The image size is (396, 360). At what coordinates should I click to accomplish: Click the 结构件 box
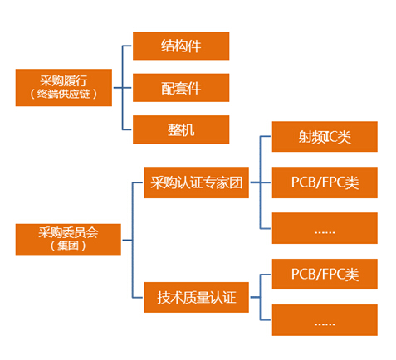(181, 46)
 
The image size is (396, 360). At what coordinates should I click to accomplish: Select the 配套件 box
(181, 88)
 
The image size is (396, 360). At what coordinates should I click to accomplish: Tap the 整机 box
(181, 129)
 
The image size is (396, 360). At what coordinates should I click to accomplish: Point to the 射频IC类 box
(325, 137)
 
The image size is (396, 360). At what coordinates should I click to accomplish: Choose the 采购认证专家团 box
(197, 182)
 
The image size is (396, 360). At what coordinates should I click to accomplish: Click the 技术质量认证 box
(197, 297)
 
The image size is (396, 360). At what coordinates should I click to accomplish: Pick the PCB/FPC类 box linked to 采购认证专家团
(325, 182)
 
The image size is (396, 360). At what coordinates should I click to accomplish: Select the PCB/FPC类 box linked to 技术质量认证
(325, 275)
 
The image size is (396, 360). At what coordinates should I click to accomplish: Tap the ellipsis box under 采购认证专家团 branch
(325, 228)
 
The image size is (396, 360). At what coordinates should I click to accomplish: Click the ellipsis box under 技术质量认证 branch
(325, 320)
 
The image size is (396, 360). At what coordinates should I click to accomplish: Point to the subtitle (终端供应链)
(64, 94)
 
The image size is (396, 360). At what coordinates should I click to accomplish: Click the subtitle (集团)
(68, 246)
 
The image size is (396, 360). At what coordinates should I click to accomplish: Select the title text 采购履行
(64, 81)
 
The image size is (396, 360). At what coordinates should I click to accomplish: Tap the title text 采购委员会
(68, 232)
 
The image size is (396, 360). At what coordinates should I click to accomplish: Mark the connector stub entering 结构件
(127, 46)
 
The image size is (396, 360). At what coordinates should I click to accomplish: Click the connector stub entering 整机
(127, 129)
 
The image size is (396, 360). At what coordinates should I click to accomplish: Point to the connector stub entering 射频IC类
(265, 136)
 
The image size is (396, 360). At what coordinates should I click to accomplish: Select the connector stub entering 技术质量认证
(138, 298)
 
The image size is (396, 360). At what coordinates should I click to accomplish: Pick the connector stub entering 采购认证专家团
(138, 182)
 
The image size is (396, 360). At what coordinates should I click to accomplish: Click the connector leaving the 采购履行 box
(118, 88)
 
